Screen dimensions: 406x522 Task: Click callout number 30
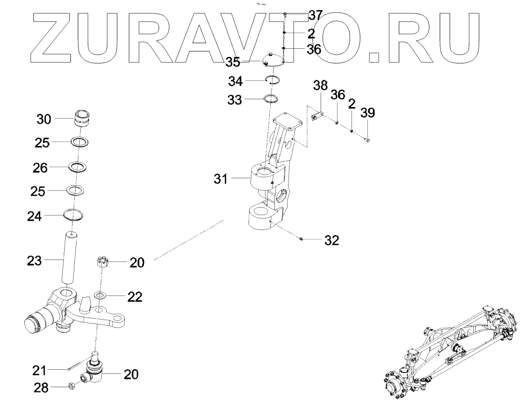click(x=44, y=119)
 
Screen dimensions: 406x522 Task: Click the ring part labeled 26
click(x=78, y=166)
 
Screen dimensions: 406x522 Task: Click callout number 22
click(x=134, y=297)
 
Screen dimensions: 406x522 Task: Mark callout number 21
click(x=39, y=370)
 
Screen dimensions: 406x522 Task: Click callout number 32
click(x=332, y=240)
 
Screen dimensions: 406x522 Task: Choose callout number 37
click(x=315, y=15)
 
